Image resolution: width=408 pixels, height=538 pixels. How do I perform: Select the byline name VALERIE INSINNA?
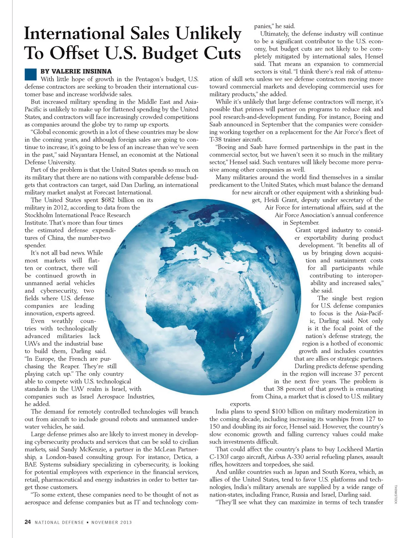pyautogui.click(x=76, y=71)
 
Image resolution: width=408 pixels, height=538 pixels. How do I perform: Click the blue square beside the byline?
pyautogui.click(x=31, y=74)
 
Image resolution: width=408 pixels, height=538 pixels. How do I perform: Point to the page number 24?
pyautogui.click(x=28, y=522)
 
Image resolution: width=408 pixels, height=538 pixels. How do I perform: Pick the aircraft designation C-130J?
pyautogui.click(x=220, y=457)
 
